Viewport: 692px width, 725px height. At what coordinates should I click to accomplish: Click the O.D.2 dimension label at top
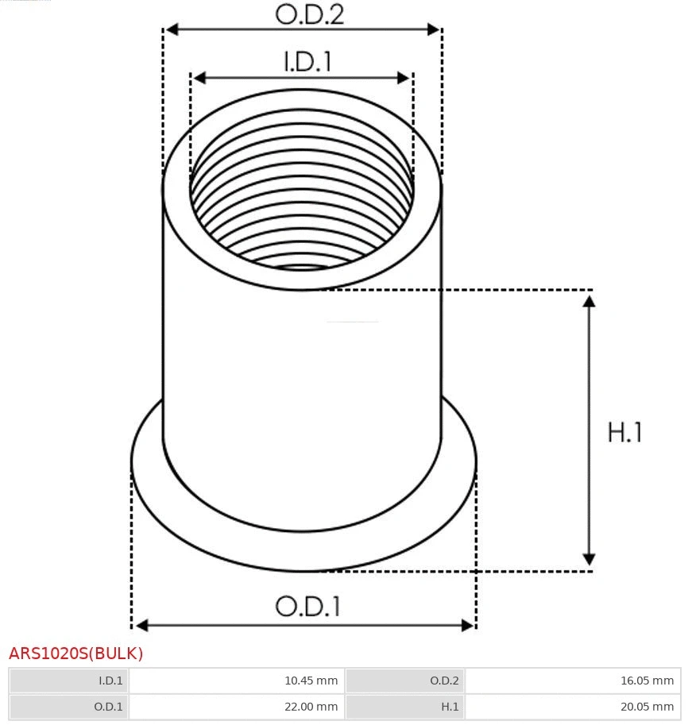(309, 14)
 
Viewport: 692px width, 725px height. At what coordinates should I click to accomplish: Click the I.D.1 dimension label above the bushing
(307, 62)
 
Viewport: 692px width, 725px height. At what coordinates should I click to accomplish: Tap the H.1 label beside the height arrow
(624, 433)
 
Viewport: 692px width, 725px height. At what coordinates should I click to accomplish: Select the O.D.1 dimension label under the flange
(307, 607)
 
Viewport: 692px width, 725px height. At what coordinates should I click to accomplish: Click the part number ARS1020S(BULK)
(76, 654)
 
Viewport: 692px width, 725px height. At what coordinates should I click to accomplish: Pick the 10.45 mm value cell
(237, 681)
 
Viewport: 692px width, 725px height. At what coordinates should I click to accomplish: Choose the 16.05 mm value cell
(573, 681)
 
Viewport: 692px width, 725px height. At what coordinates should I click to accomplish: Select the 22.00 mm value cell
(237, 706)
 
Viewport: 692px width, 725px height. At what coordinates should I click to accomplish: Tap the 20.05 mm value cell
(573, 706)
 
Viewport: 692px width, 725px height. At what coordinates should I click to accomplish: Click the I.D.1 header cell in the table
(69, 681)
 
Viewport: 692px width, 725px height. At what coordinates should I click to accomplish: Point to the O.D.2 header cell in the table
(405, 681)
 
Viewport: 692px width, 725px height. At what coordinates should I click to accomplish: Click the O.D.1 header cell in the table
(69, 706)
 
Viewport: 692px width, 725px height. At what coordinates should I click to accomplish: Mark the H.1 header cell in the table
(405, 706)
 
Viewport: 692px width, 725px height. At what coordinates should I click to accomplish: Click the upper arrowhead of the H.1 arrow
(589, 301)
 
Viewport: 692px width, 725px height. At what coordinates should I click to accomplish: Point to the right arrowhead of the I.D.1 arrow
(404, 78)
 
